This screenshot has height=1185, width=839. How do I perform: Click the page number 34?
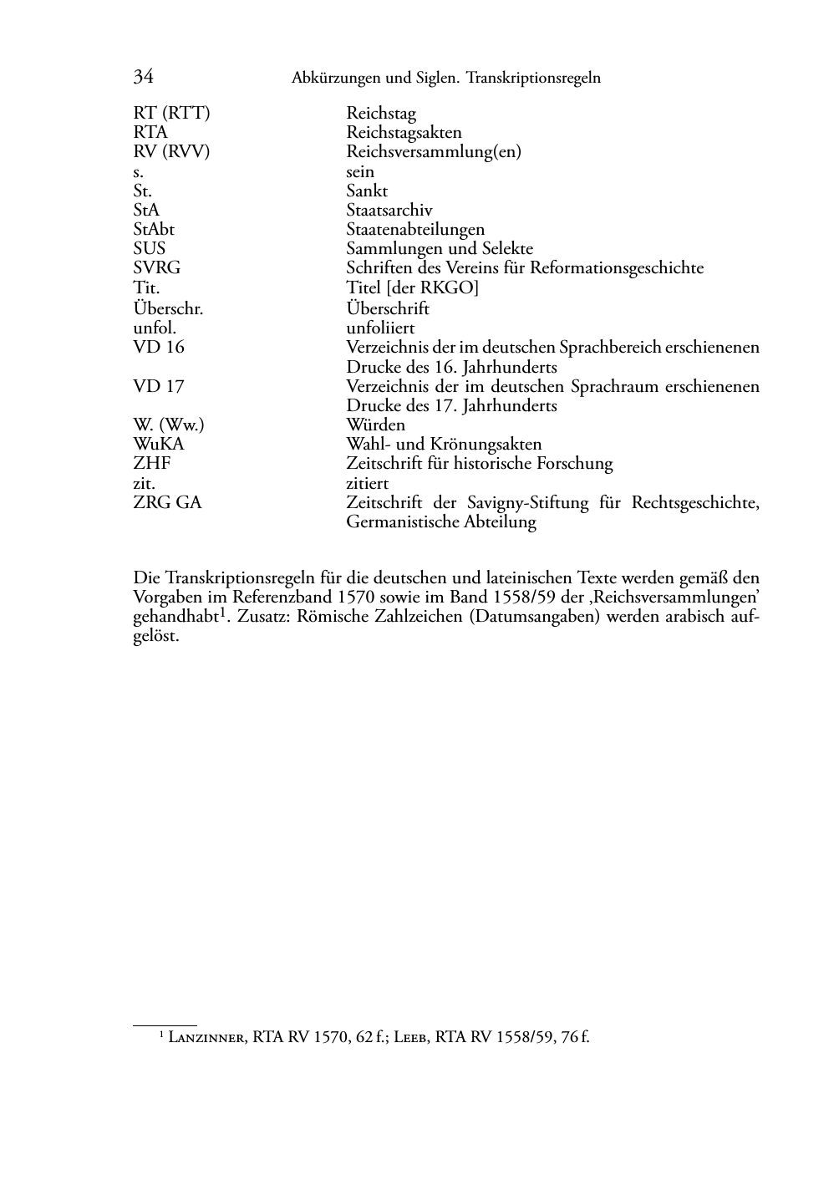pyautogui.click(x=143, y=77)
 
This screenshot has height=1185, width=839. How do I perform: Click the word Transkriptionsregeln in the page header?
pyautogui.click(x=533, y=79)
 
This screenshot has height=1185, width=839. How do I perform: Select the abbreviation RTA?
pyautogui.click(x=150, y=133)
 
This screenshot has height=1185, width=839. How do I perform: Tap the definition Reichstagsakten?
pyautogui.click(x=404, y=133)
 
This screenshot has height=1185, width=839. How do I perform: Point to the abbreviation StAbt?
pyautogui.click(x=154, y=229)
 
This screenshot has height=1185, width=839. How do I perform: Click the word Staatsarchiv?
pyautogui.click(x=389, y=211)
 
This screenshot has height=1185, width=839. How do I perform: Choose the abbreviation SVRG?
pyautogui.click(x=156, y=268)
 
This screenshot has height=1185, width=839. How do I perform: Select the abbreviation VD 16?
pyautogui.click(x=159, y=347)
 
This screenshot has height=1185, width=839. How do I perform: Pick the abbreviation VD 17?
pyautogui.click(x=159, y=386)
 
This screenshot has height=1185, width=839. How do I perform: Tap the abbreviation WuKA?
pyautogui.click(x=159, y=445)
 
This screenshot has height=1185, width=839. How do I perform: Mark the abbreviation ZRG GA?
pyautogui.click(x=167, y=503)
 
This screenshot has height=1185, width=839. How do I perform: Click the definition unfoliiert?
pyautogui.click(x=380, y=328)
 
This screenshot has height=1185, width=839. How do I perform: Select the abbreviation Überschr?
pyautogui.click(x=168, y=308)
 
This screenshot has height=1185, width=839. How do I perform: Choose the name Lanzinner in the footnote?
pyautogui.click(x=206, y=1038)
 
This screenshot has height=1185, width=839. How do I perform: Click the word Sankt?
pyautogui.click(x=367, y=191)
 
